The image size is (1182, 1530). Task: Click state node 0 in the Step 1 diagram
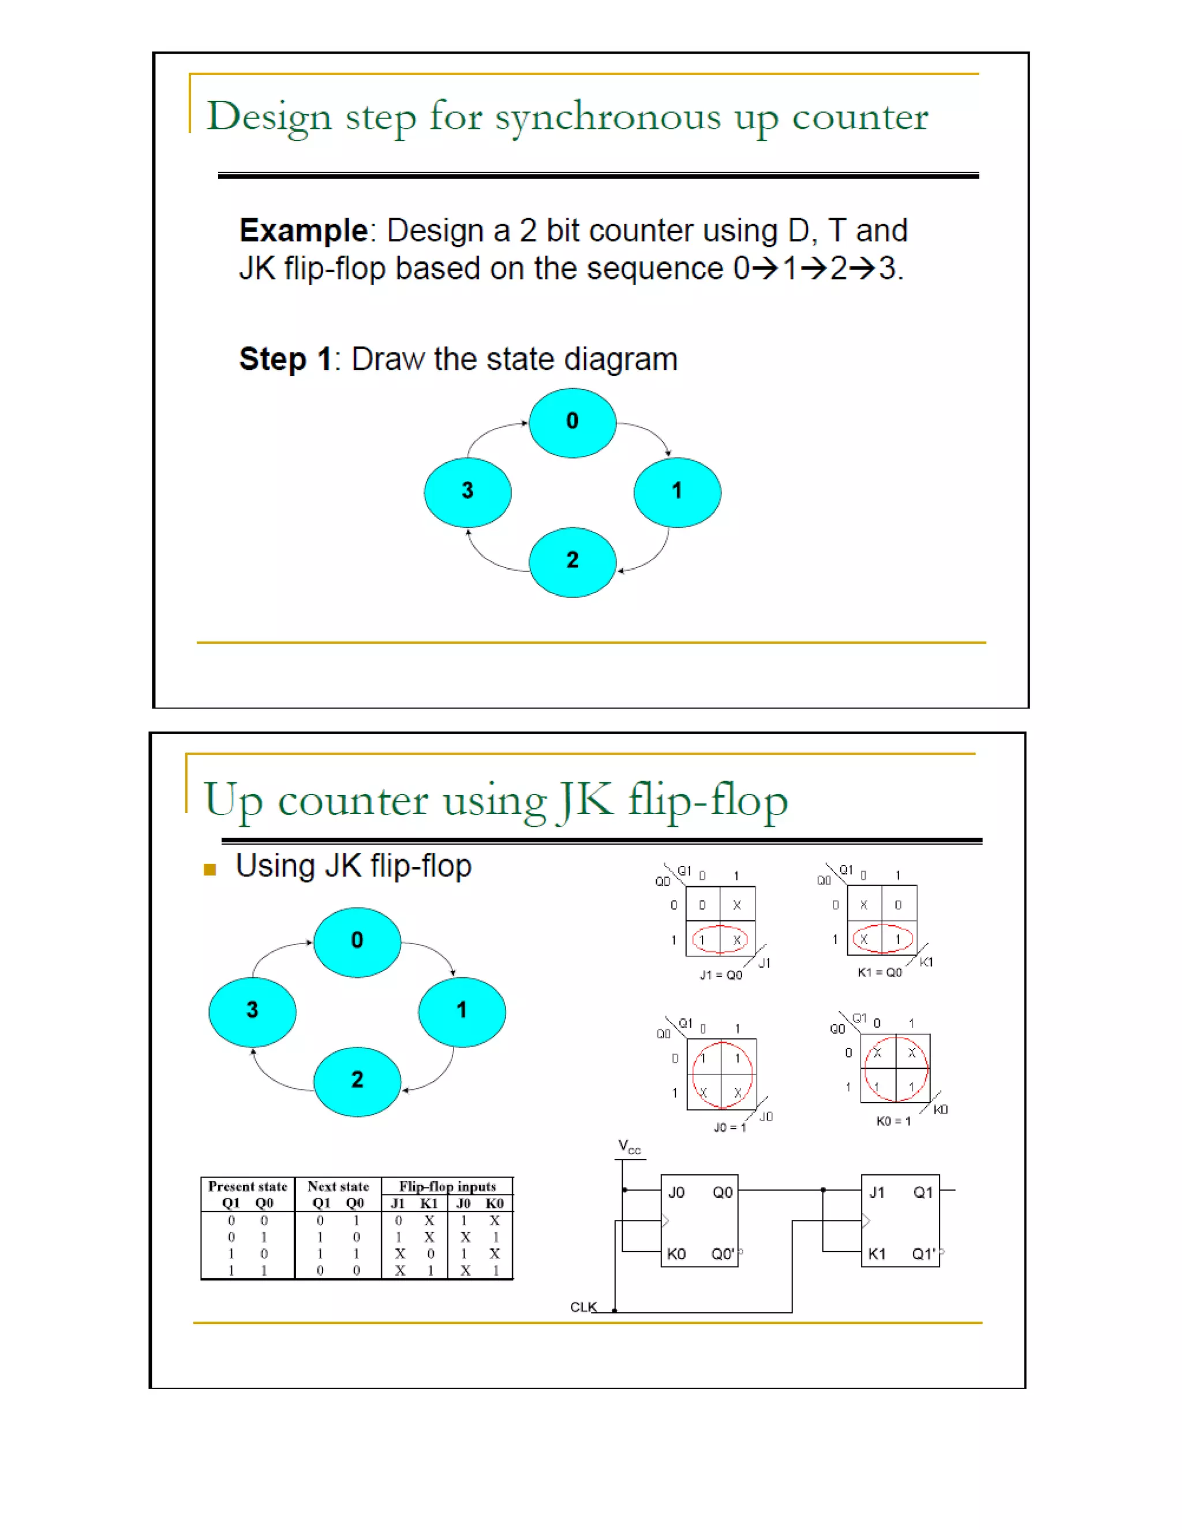pos(572,423)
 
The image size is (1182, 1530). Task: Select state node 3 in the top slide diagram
pos(467,492)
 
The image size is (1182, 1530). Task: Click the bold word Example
pos(303,230)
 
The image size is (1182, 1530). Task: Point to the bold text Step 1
pos(285,359)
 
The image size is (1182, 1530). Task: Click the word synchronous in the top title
pos(607,117)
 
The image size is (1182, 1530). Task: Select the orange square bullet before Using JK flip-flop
pos(210,870)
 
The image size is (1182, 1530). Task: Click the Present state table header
pos(248,1186)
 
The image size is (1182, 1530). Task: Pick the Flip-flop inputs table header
pos(447,1186)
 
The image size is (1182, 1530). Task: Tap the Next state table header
pos(338,1186)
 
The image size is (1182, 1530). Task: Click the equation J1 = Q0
pos(720,975)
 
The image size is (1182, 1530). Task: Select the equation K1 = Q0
pos(880,972)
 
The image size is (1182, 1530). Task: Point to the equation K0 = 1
pos(893,1121)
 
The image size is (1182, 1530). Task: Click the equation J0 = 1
pos(730,1127)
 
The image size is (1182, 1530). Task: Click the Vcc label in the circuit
pos(628,1147)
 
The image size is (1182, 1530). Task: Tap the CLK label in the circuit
pos(583,1307)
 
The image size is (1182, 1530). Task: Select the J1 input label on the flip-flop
pos(877,1192)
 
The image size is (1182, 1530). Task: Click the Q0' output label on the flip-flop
pos(723,1254)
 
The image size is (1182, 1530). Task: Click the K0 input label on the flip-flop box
pos(676,1254)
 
